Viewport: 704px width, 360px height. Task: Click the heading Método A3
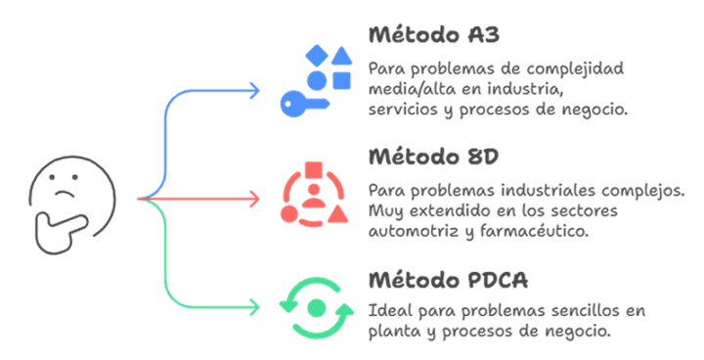pos(434,34)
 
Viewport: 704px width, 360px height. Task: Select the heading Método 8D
pos(434,157)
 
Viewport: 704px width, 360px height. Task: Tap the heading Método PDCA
pos(448,280)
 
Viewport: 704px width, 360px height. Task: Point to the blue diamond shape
pos(317,56)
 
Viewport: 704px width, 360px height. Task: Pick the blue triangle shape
pos(342,56)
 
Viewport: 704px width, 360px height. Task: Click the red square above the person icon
pos(314,171)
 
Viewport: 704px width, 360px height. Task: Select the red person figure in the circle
pos(314,196)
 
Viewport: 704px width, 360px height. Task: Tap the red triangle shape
pos(337,214)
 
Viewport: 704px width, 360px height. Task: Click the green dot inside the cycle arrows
pos(317,308)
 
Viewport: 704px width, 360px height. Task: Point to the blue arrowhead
pos(254,91)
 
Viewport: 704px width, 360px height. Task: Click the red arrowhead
pos(254,200)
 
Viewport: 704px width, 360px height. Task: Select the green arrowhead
pos(254,308)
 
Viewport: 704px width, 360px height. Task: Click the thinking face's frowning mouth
pos(66,194)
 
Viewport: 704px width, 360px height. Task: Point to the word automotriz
pos(414,231)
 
